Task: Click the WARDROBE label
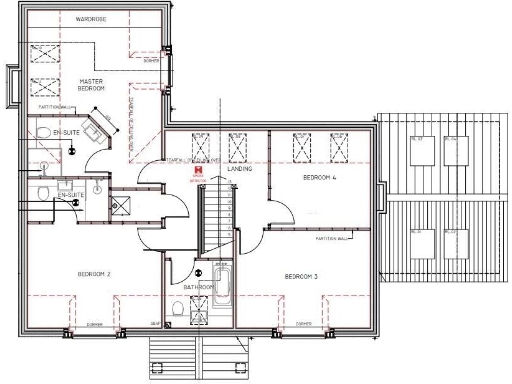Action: click(91, 19)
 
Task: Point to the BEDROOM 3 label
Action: click(300, 275)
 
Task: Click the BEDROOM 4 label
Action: click(321, 176)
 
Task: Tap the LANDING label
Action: click(239, 170)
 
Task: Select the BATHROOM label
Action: click(198, 287)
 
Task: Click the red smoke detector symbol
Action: click(199, 172)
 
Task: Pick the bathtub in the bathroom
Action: click(223, 285)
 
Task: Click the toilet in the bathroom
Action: click(178, 309)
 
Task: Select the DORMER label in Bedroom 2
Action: click(96, 324)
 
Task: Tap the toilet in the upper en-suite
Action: click(43, 132)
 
